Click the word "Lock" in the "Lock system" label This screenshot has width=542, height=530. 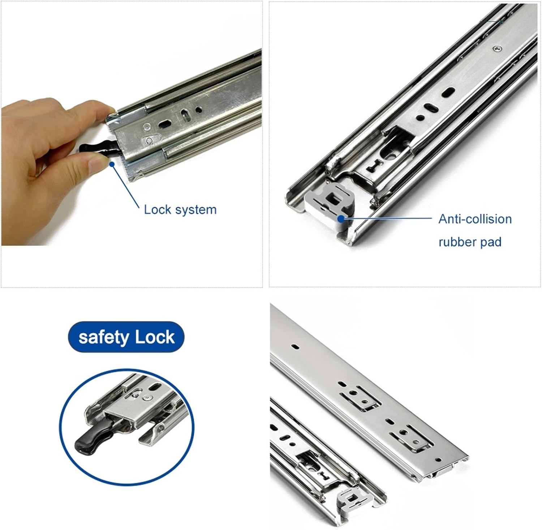click(157, 210)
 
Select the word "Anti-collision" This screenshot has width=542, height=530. click(475, 219)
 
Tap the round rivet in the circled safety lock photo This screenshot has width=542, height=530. click(146, 398)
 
